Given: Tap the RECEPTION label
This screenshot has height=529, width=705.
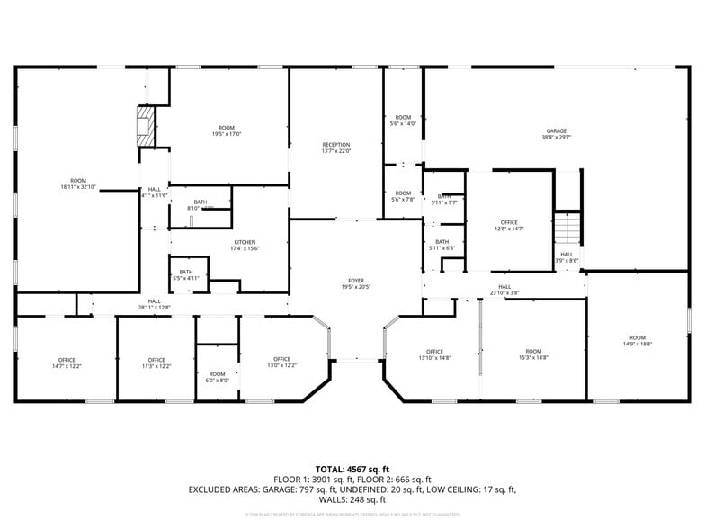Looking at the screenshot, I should click(336, 145).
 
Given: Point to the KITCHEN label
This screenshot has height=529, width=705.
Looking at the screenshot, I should click(245, 242).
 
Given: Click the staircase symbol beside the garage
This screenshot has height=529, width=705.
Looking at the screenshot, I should click(567, 228).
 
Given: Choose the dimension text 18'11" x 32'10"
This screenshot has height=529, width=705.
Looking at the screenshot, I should click(78, 187).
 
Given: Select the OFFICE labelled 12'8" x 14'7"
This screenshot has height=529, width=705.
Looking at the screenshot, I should click(509, 222).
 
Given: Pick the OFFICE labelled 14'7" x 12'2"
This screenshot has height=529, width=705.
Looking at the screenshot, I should click(67, 360).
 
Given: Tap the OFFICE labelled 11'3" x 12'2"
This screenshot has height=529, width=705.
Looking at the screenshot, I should click(156, 360).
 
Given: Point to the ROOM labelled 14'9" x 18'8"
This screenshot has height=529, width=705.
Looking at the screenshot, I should click(638, 337).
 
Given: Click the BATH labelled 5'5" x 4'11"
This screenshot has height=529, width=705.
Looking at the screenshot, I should click(186, 272).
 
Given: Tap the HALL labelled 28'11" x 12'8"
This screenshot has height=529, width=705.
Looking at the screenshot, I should click(155, 301).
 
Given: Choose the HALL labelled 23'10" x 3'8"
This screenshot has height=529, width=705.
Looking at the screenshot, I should click(504, 287).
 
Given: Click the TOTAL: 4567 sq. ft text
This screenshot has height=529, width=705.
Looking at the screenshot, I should click(352, 469).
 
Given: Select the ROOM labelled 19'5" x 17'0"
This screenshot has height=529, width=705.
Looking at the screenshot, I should click(227, 128).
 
